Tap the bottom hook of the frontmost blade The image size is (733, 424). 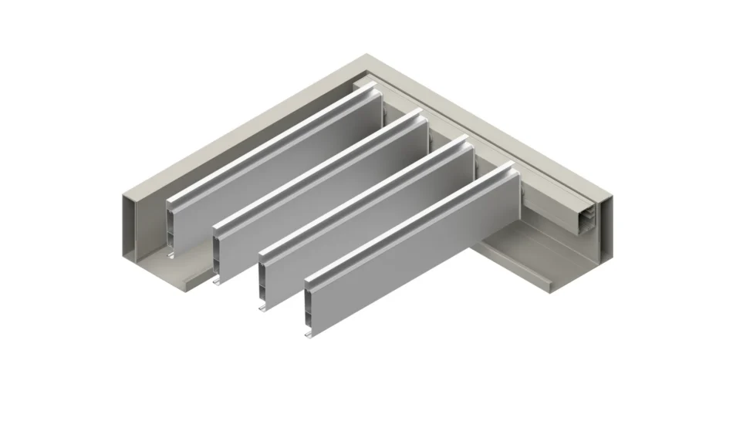309,334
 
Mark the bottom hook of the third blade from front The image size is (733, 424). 218,279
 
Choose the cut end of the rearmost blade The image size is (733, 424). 171,224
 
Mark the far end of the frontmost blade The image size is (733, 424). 516,174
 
